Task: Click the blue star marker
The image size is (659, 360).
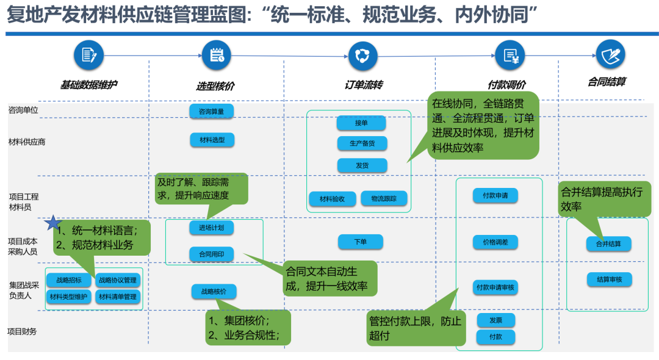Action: click(x=54, y=223)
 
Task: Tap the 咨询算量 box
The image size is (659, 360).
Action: click(x=212, y=111)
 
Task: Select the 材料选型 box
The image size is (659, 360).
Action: click(x=212, y=140)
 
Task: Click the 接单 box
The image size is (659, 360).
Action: click(x=361, y=123)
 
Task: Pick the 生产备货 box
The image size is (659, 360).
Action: click(x=362, y=144)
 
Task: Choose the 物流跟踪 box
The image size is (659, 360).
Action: click(x=384, y=198)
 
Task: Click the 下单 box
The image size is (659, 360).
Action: click(x=361, y=242)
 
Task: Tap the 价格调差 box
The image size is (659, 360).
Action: click(x=495, y=242)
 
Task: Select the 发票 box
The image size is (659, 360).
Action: click(x=495, y=320)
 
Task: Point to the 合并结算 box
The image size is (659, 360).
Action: click(x=608, y=243)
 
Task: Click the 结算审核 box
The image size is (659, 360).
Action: click(x=609, y=279)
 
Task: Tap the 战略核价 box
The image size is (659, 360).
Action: click(x=214, y=292)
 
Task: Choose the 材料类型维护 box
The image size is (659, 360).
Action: click(x=68, y=297)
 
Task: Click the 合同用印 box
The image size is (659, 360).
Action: click(x=212, y=253)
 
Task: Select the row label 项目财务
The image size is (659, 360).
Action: click(x=23, y=331)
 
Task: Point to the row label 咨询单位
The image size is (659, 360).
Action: click(x=23, y=110)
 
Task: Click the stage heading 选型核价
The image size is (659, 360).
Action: click(x=215, y=87)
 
